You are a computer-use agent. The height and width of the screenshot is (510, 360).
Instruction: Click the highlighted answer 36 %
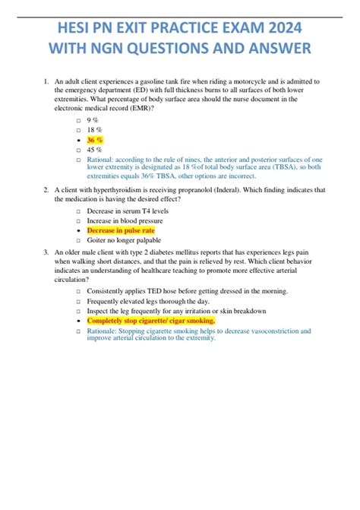tap(95, 141)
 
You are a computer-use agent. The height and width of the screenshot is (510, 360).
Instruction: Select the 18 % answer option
tap(94, 131)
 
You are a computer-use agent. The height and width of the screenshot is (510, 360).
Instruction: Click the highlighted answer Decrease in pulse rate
tap(122, 230)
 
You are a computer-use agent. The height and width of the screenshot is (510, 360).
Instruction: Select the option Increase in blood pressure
tap(129, 220)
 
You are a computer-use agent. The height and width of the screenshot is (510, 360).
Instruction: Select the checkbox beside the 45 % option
tap(78, 151)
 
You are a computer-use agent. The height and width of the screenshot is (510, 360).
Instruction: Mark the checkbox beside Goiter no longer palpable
tap(78, 240)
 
